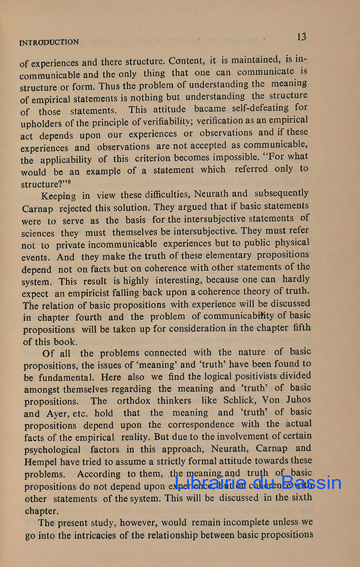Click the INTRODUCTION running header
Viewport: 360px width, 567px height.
click(x=49, y=42)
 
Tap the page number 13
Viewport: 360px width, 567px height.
click(x=301, y=37)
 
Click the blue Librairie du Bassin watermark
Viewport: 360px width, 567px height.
click(x=258, y=483)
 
